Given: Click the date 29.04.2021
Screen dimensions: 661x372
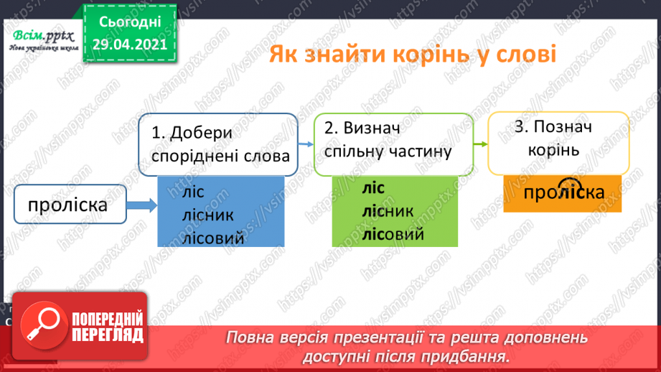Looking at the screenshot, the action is [130, 45].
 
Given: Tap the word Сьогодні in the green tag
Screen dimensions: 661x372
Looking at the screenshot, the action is [130, 22].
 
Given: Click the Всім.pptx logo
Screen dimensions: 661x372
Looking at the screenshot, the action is [43, 40].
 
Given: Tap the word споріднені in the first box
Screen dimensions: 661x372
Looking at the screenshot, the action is [194, 157].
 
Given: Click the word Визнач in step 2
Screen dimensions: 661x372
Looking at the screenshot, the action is [371, 129].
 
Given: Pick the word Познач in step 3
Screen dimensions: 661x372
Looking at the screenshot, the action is [563, 126].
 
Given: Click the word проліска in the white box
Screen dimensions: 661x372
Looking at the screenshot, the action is [67, 205].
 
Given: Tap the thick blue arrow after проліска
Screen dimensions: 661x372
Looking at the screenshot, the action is [141, 205].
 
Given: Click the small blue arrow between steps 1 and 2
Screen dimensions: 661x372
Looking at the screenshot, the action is [306, 144].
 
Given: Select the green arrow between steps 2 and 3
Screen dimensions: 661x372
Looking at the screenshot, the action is [480, 144].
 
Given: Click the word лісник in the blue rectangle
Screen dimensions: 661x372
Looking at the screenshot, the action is [208, 215].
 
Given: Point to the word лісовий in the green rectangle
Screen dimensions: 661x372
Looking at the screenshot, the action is [393, 235].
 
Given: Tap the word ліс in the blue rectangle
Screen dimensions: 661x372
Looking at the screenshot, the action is [193, 192].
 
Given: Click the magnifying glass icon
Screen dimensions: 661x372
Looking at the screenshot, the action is [44, 325].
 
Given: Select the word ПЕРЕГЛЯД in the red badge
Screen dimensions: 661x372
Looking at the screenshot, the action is [108, 335].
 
